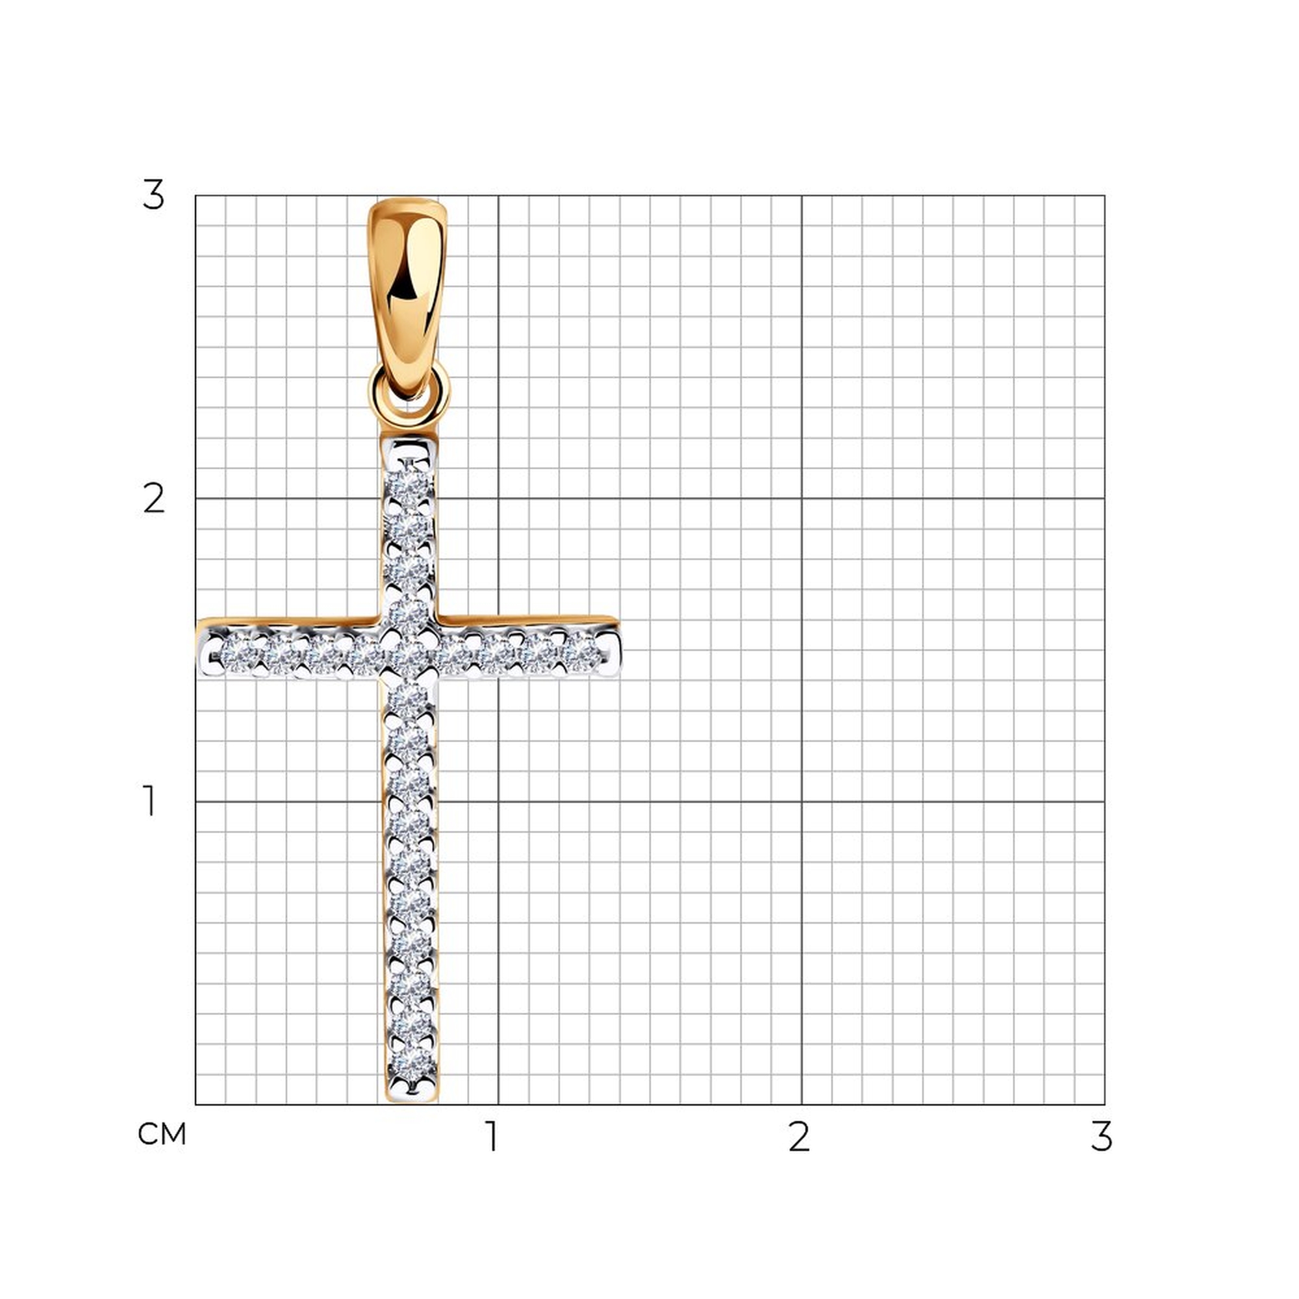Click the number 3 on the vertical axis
[153, 195]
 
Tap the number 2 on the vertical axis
[154, 499]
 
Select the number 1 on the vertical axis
[149, 801]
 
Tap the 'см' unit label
[161, 1134]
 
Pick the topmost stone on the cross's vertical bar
[409, 486]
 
